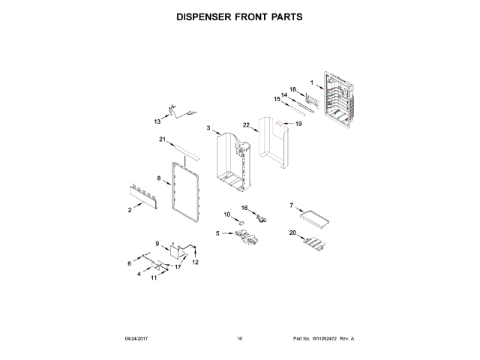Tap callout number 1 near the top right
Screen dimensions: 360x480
click(312, 82)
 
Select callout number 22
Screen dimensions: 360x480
click(245, 125)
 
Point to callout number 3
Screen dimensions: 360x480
click(208, 129)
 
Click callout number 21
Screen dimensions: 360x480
click(161, 139)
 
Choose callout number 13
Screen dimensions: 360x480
click(157, 120)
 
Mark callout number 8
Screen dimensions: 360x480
click(159, 178)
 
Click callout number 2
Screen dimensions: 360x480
click(130, 211)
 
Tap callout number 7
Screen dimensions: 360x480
click(292, 205)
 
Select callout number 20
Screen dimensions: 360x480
click(292, 232)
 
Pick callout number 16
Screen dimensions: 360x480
click(244, 207)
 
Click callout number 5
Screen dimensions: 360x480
click(218, 233)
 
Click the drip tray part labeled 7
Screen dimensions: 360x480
click(314, 217)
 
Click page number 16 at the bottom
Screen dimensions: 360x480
click(239, 339)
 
